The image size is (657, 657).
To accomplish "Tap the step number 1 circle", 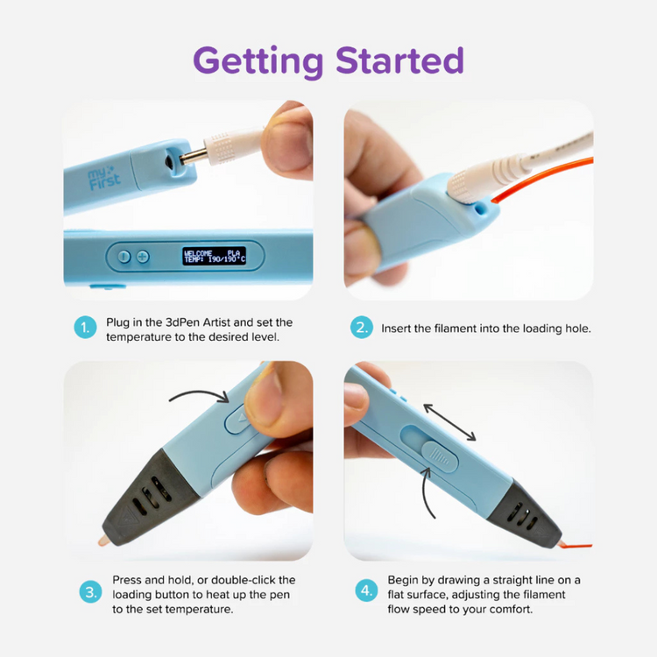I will click(x=85, y=328).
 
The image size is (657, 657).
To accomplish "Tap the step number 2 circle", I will click(x=362, y=328).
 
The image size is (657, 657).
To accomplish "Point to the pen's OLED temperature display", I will click(x=215, y=256).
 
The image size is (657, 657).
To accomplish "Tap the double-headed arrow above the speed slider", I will click(x=449, y=421).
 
